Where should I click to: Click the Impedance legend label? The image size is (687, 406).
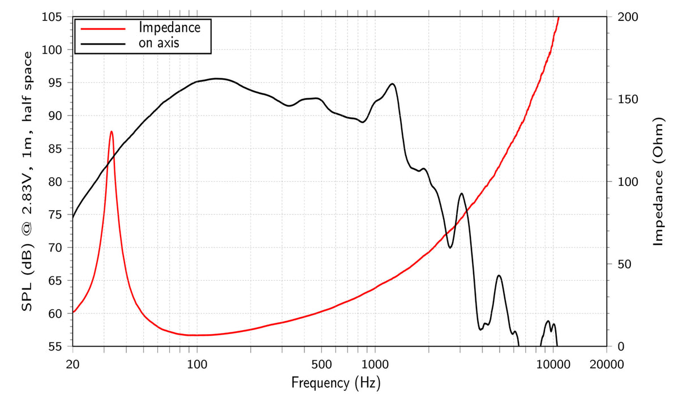(170, 27)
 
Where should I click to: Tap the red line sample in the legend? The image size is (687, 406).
(102, 27)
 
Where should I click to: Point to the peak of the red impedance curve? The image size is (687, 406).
(111, 131)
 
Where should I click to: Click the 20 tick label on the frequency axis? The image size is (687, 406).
(72, 364)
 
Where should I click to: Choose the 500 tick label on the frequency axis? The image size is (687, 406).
(321, 364)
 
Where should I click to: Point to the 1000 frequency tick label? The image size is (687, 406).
(375, 364)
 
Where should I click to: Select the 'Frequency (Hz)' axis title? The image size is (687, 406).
(336, 383)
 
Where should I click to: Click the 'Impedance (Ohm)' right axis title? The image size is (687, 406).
(658, 182)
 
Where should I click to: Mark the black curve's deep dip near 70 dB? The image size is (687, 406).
(450, 247)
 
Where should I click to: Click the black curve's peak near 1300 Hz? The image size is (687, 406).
(392, 84)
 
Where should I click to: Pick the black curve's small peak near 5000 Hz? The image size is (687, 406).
(499, 276)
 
